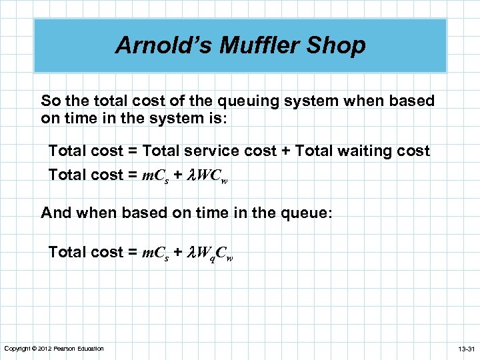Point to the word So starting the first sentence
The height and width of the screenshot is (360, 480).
[50, 101]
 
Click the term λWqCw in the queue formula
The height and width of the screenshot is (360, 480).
[209, 253]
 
